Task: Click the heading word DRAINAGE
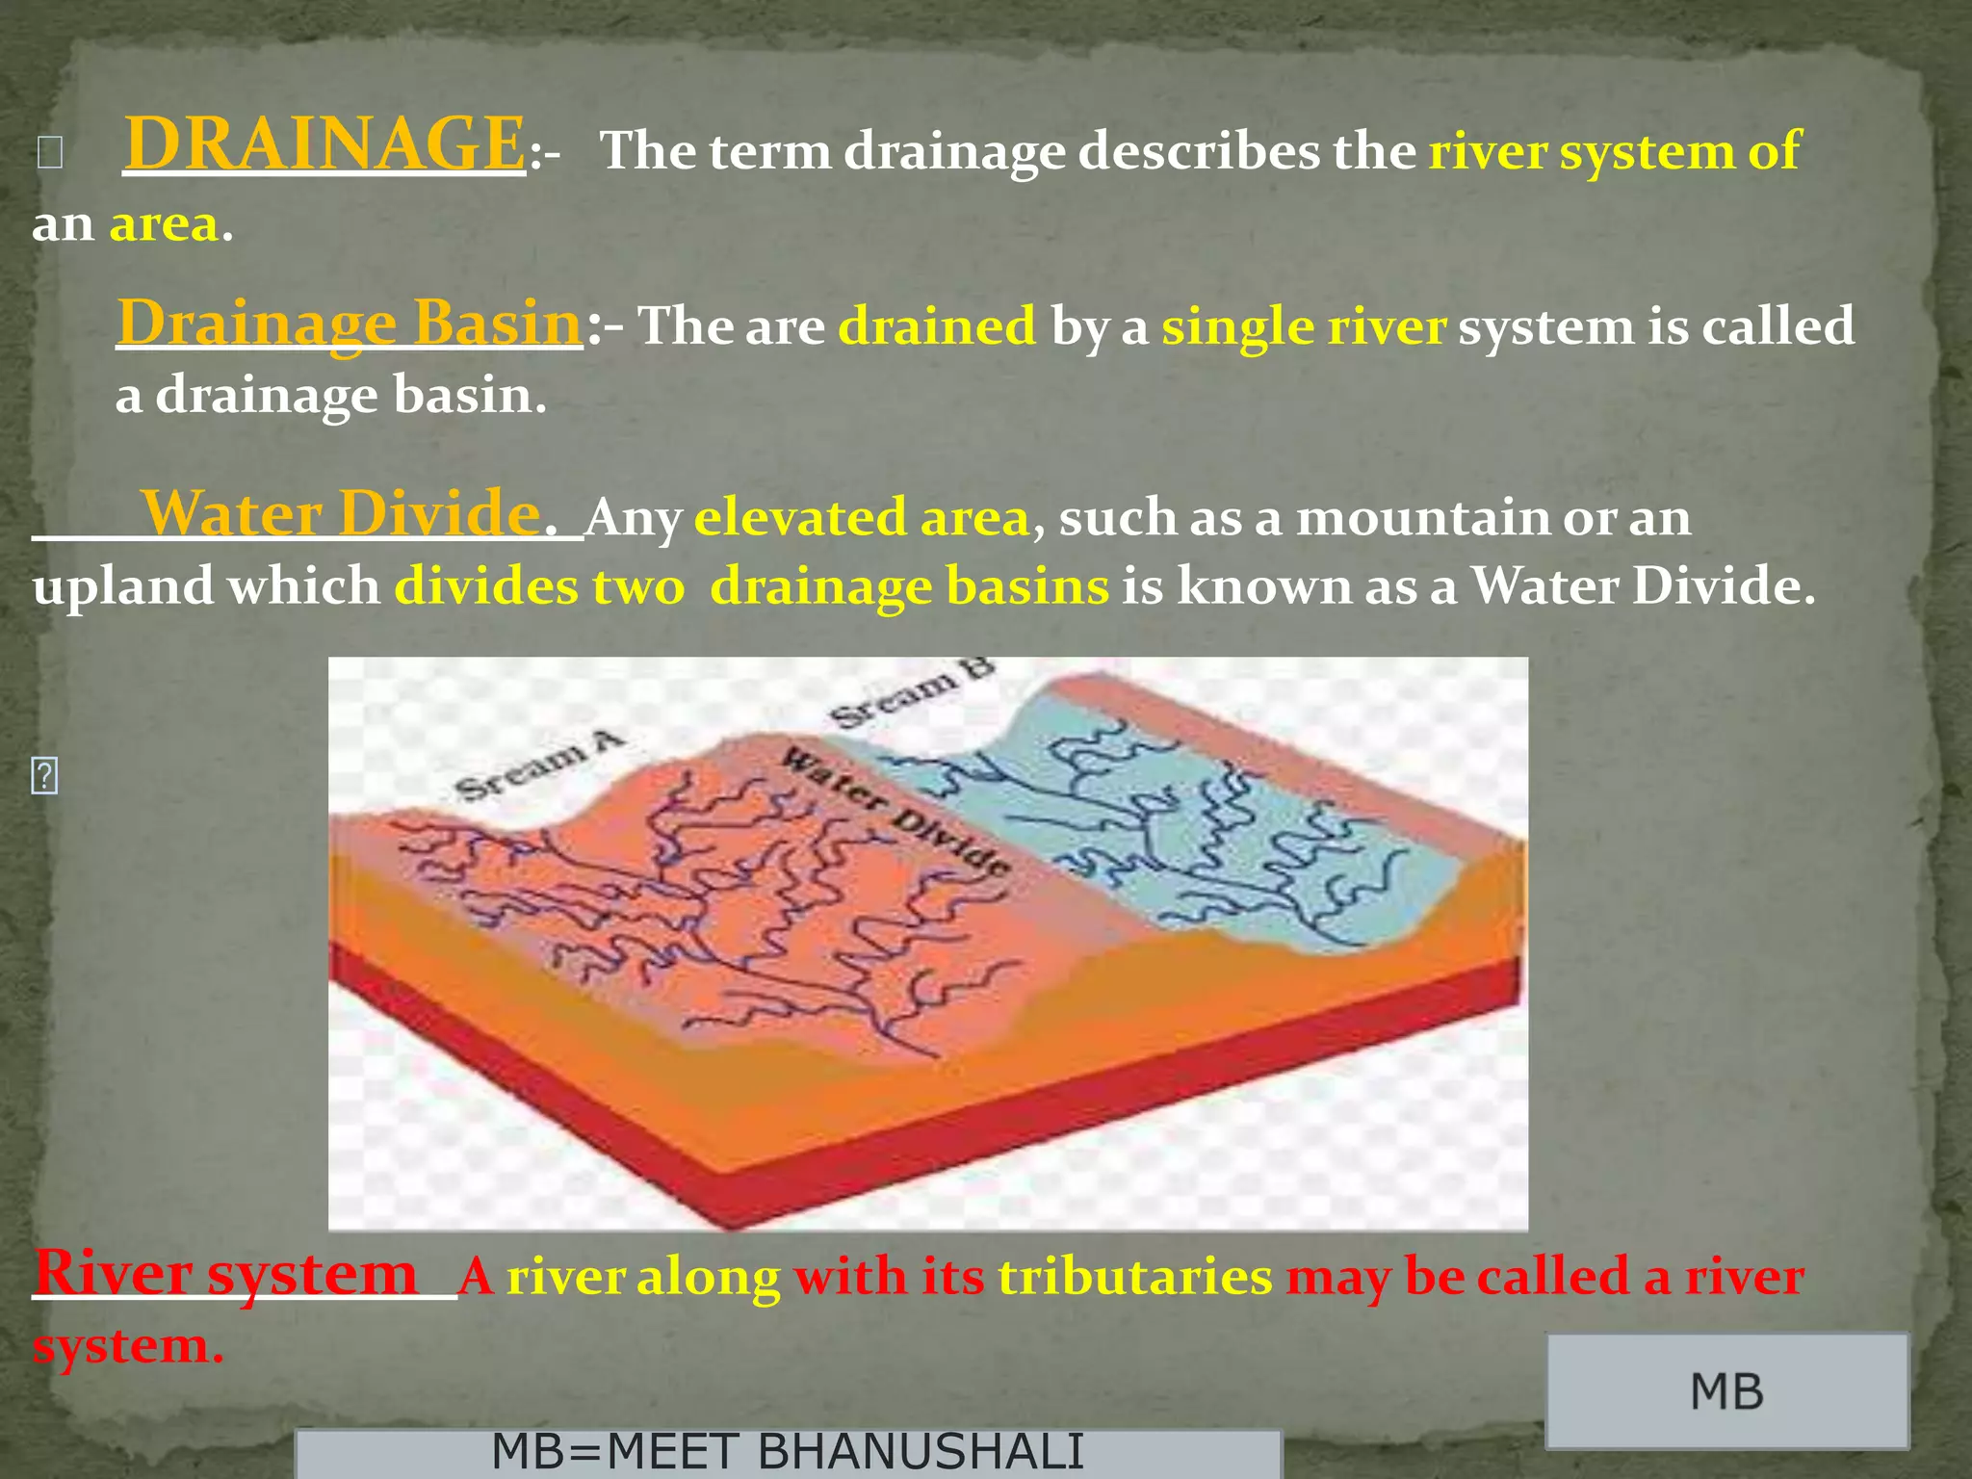click(324, 144)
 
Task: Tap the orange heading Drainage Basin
click(349, 323)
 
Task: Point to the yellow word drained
click(937, 326)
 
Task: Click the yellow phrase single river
click(1303, 326)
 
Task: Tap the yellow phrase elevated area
click(862, 518)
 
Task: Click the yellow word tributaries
click(1135, 1278)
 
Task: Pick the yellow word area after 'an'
click(164, 224)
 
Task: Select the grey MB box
click(1726, 1391)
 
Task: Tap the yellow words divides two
click(539, 586)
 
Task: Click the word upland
click(123, 586)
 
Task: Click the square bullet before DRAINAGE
click(50, 153)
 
